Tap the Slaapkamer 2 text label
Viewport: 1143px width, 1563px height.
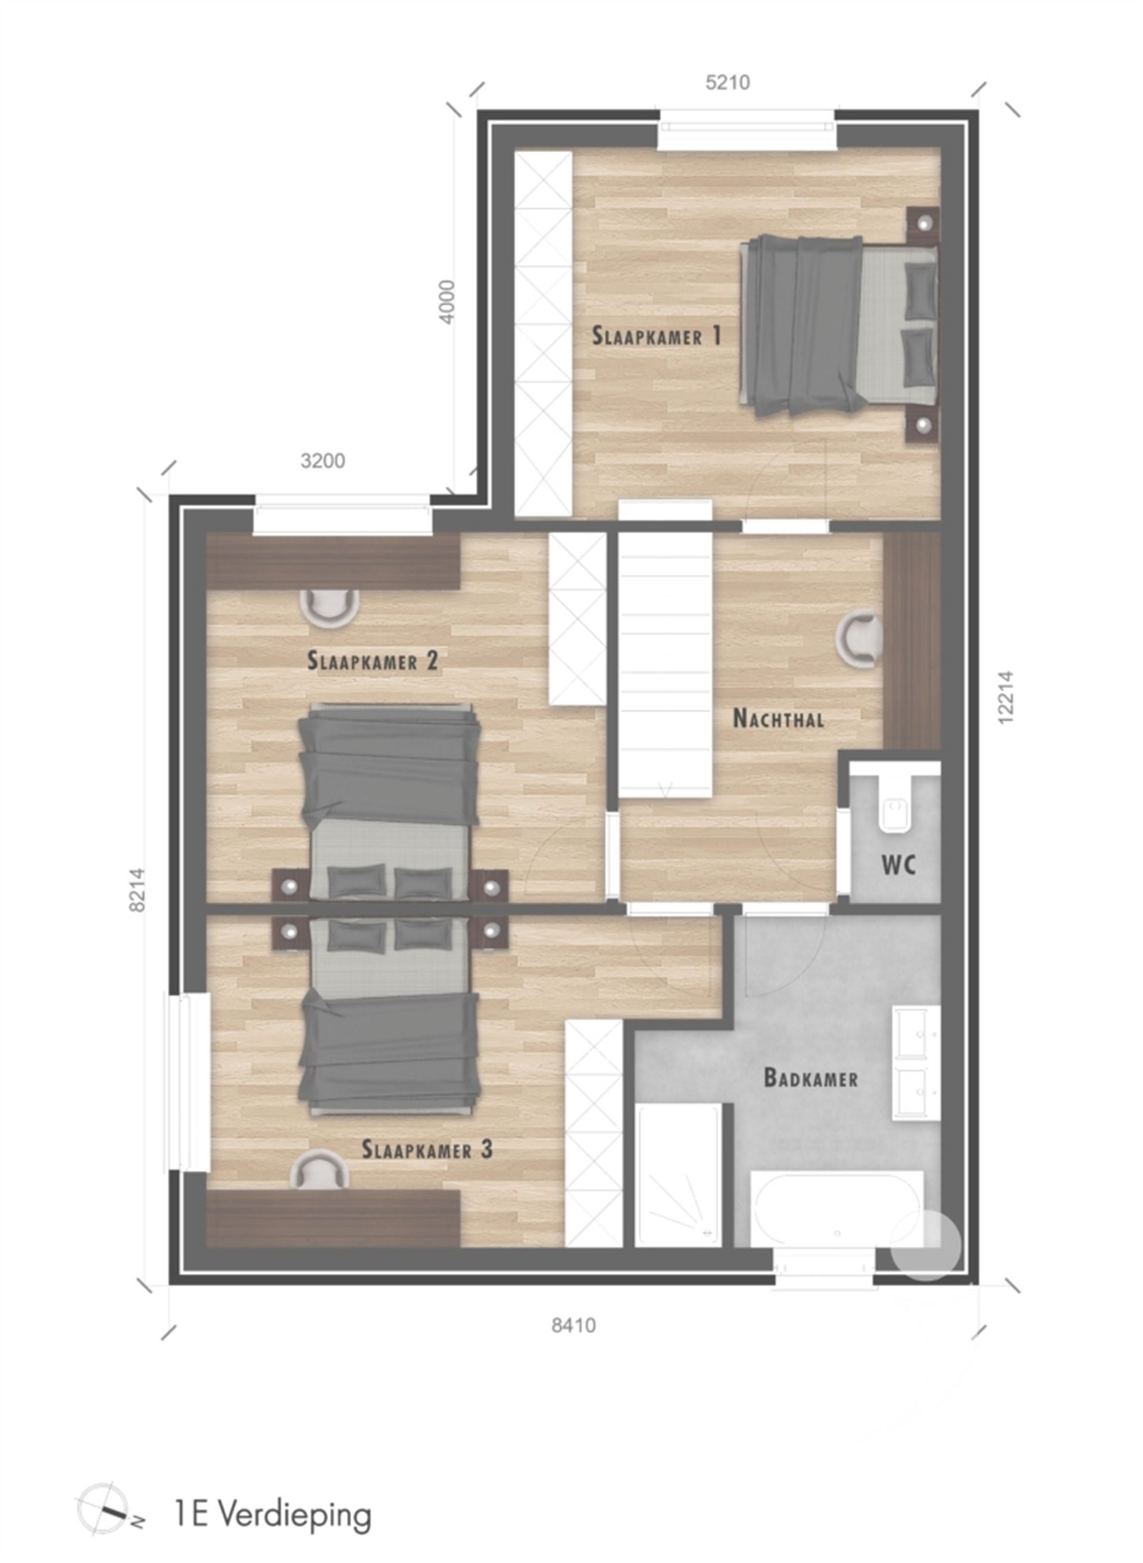[x=372, y=661]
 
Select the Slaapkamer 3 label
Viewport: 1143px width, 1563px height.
[x=427, y=1149]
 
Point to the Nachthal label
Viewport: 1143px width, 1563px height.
[x=779, y=718]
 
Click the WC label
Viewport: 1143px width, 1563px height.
[x=899, y=864]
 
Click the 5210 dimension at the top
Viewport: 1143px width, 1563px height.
[x=727, y=83]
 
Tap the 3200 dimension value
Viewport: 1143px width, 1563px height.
[x=323, y=461]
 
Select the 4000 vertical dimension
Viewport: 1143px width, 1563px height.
[x=448, y=302]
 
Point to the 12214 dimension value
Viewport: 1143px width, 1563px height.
[x=1005, y=697]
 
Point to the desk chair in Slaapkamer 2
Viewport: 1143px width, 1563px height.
[x=329, y=607]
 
